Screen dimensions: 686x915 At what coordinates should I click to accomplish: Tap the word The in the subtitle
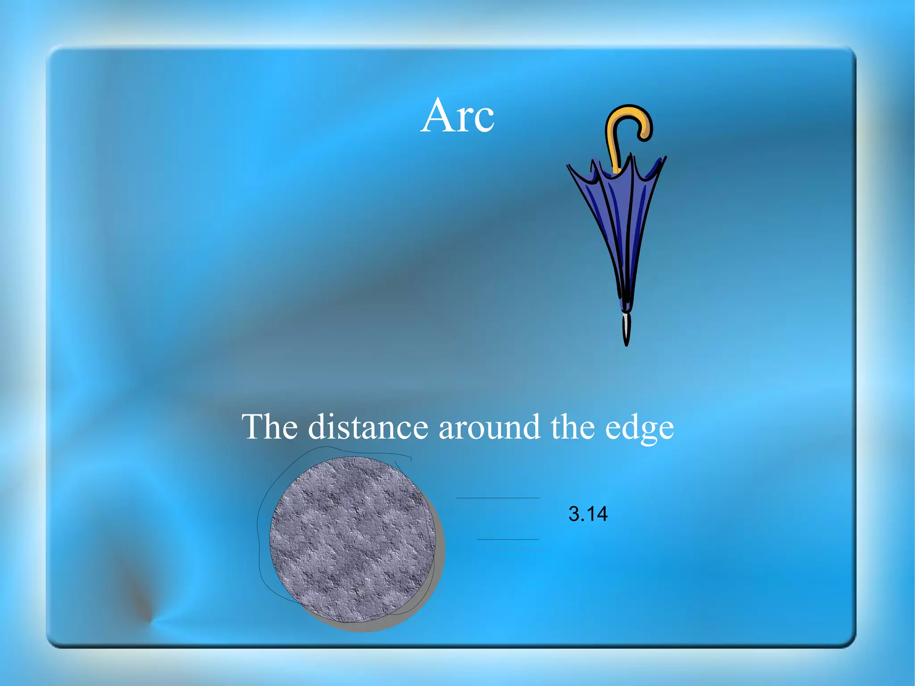coord(269,427)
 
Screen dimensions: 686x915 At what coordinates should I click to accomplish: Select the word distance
coord(368,427)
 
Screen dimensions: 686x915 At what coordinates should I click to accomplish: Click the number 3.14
coord(588,514)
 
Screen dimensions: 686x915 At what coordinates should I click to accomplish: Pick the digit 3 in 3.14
coord(574,514)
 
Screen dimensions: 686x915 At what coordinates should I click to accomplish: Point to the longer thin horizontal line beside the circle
coord(497,498)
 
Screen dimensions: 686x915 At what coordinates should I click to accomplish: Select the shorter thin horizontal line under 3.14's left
coord(508,539)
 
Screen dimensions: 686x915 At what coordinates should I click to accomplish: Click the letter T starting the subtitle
coord(252,427)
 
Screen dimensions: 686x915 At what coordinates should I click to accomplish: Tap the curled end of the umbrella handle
coord(645,134)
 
